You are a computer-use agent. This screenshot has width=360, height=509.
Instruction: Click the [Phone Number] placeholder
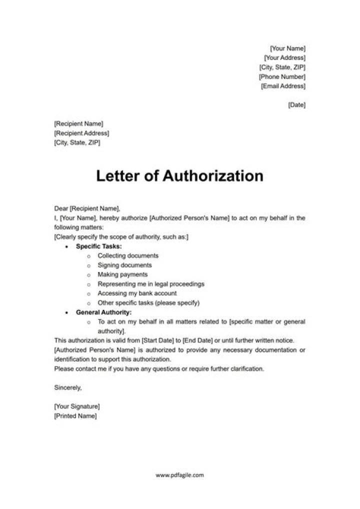pos(282,76)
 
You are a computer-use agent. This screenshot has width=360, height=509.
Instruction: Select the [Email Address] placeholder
pos(283,86)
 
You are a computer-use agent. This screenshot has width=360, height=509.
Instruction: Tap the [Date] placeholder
pos(296,105)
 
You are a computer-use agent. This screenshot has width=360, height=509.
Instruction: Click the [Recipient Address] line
pos(81,133)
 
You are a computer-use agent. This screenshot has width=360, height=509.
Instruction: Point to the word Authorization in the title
pos(213,176)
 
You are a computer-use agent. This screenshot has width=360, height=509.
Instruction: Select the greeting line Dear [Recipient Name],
pos(87,208)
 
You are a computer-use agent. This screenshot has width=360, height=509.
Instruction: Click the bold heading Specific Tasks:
pos(99,246)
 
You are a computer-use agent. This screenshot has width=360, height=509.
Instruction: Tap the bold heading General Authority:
pos(103,312)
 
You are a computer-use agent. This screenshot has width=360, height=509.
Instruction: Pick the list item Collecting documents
pos(128,256)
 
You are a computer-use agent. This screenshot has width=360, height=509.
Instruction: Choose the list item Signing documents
pos(124,265)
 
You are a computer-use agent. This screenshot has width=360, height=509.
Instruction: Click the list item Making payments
pos(122,274)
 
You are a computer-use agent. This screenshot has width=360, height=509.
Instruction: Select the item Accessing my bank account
pos(137,293)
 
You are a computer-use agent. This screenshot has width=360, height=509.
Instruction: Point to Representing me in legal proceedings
pos(151,284)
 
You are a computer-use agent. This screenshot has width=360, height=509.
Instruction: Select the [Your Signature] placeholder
pos(77,406)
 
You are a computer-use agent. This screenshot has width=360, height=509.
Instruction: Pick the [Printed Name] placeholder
pos(75,415)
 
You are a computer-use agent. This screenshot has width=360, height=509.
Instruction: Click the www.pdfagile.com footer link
pos(179,475)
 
